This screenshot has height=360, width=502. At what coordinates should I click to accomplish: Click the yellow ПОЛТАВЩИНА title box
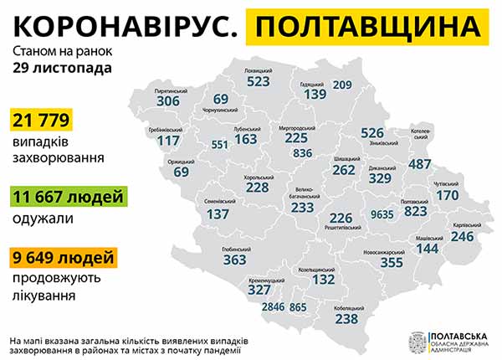pos(369,28)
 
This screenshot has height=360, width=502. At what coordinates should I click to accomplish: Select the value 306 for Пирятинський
pos(168,100)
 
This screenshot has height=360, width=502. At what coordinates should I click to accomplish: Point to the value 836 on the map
pos(304,153)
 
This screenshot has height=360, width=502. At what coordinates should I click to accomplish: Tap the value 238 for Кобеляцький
pos(346,318)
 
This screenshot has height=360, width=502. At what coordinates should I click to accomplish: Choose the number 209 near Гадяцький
pos(342,85)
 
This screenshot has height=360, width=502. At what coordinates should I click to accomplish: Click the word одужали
pos(43,218)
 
